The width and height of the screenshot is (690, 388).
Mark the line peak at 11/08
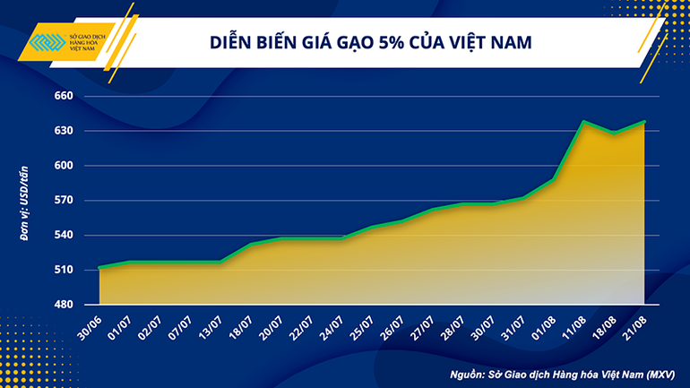pos(584,121)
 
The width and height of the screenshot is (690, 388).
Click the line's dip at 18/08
pos(615,133)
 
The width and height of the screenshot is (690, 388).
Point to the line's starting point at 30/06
pos(100,267)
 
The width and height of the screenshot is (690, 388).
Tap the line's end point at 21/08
pos(644,122)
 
